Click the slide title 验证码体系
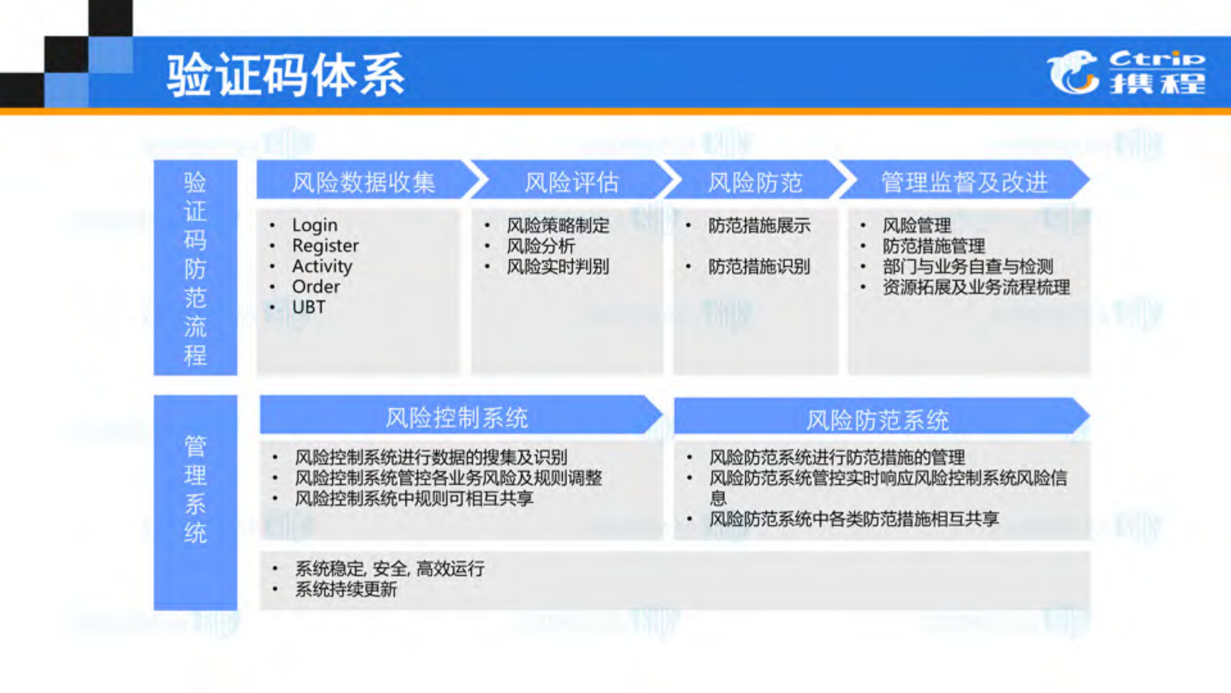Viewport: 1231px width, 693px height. point(285,76)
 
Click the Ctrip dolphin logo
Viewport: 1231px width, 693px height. point(1073,72)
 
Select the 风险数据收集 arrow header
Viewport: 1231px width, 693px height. point(363,182)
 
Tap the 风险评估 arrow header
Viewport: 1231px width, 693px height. point(571,182)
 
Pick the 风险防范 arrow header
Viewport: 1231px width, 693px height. point(754,182)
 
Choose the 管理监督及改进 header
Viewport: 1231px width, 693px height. point(964,182)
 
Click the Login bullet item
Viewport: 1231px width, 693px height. point(314,225)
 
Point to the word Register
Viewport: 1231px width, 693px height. point(325,246)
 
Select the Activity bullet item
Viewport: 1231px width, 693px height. point(322,266)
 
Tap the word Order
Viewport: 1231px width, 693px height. point(316,287)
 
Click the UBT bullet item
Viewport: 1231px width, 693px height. point(309,307)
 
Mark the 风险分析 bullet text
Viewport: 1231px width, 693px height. point(541,246)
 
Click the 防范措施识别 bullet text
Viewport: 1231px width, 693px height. point(759,266)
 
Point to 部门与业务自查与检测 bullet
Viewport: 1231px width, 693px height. point(967,266)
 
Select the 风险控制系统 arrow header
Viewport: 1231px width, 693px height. point(456,418)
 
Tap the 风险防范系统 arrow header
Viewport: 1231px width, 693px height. point(877,420)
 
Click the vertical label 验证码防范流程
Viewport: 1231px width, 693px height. point(195,268)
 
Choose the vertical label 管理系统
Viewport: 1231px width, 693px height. point(195,489)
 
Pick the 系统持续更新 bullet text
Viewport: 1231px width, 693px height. point(346,589)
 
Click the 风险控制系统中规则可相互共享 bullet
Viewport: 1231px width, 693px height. point(414,499)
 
